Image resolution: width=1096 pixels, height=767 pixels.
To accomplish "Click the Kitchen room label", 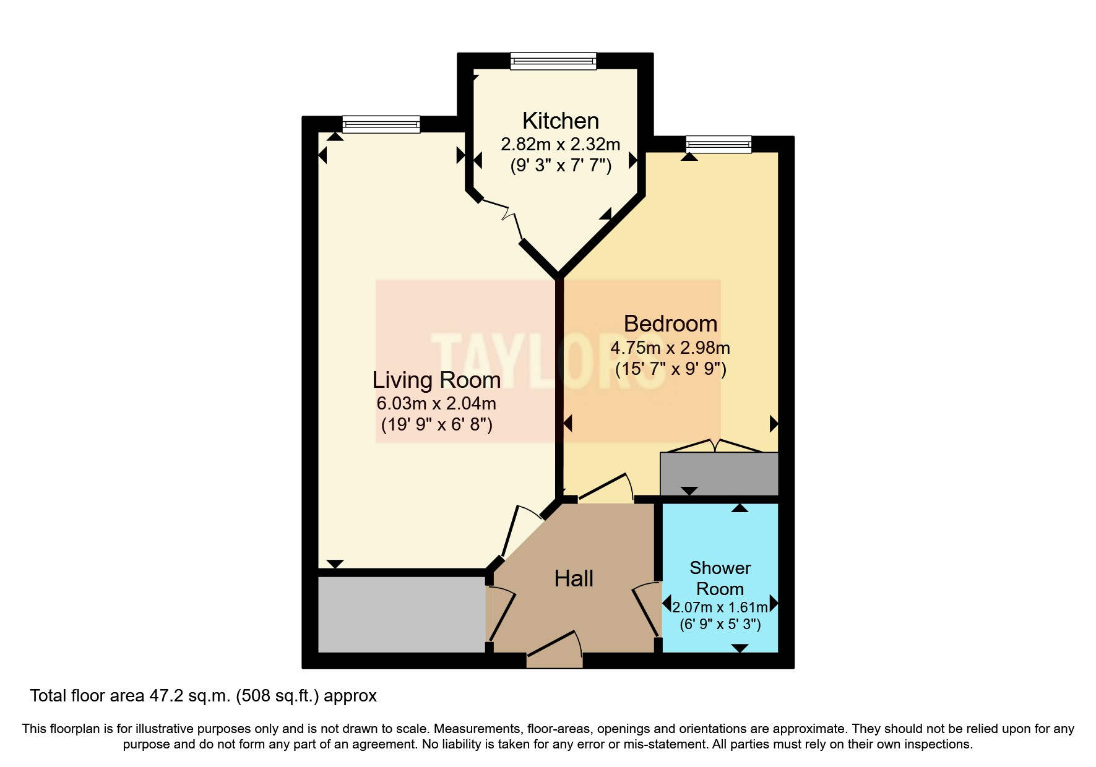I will point(560,121).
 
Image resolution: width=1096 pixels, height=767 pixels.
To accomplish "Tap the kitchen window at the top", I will point(553,61).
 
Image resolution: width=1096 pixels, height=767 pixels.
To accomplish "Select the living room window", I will point(381,124).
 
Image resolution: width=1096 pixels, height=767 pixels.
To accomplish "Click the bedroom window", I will point(718,144).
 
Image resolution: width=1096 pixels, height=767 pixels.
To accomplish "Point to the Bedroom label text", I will point(670,324).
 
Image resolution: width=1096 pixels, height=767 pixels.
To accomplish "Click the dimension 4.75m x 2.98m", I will point(670,348).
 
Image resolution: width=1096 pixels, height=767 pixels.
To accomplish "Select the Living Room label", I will point(436,380).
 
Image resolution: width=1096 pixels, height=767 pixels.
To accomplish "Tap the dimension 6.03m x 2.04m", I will point(436,404).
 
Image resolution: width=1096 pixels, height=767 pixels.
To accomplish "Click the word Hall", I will point(574,579).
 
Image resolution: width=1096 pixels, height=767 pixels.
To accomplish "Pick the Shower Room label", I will point(720,578).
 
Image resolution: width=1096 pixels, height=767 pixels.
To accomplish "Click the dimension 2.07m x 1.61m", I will point(720,607).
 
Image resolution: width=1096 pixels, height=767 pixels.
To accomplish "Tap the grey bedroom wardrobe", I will point(718,473).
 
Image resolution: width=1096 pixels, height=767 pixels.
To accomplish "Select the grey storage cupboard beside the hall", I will point(401,614).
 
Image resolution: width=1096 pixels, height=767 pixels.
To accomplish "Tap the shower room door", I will point(645,609).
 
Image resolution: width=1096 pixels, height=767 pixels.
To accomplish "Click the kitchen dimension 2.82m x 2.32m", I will point(560,145).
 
